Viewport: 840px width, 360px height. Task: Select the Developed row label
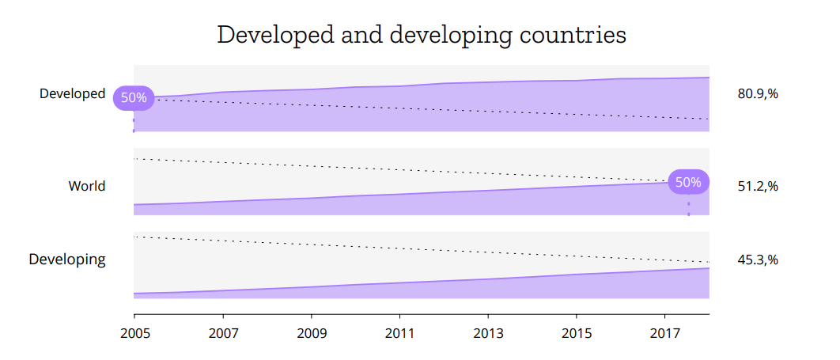(x=72, y=93)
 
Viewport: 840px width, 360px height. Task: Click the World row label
(x=86, y=186)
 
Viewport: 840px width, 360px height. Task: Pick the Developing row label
(x=67, y=259)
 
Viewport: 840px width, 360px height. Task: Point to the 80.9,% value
(x=758, y=93)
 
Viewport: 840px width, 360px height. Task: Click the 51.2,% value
(x=758, y=186)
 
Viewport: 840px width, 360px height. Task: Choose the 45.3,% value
(x=758, y=259)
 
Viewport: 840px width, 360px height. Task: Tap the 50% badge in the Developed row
(x=134, y=98)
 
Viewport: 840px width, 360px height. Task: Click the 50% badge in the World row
(x=688, y=182)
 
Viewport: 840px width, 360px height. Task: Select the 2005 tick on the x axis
(x=134, y=333)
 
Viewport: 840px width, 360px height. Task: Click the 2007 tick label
(x=223, y=333)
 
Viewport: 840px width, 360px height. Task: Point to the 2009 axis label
(x=311, y=333)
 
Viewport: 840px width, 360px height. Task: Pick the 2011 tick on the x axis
(x=399, y=333)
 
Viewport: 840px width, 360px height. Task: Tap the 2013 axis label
(x=487, y=333)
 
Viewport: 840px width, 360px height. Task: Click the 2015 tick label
(x=576, y=333)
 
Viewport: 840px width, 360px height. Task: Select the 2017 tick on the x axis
(x=664, y=333)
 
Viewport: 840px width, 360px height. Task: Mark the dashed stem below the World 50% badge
(x=688, y=207)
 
